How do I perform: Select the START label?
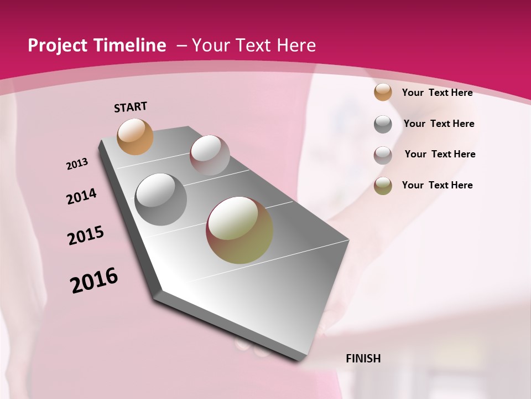point(131,107)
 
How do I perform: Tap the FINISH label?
point(363,359)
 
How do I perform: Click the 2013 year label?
point(77,164)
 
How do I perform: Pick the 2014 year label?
point(81,196)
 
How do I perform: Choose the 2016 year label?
point(94,280)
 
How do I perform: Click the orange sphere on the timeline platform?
point(135,136)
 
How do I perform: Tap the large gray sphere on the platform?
point(160,199)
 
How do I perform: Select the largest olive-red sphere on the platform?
point(240,230)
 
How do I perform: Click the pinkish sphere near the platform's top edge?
point(210,155)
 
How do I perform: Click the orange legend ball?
point(383,92)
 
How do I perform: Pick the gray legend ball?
point(383,124)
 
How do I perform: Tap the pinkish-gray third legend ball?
point(383,155)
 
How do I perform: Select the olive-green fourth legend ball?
point(383,186)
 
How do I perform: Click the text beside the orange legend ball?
point(437,93)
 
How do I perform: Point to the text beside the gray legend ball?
point(439,124)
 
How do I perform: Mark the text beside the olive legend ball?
point(437,185)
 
